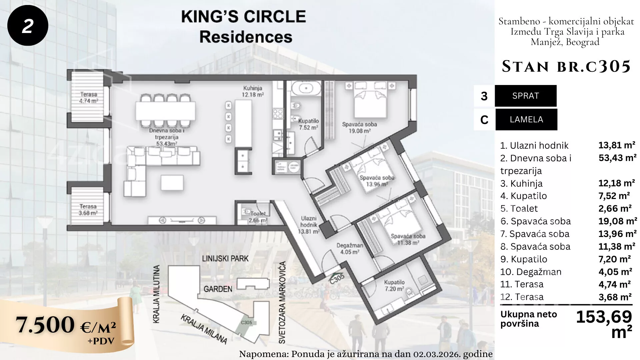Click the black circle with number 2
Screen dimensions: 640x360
tap(28, 26)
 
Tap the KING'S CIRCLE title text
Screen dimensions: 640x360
tap(243, 17)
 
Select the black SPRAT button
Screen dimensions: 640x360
tap(526, 96)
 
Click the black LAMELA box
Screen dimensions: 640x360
tap(526, 120)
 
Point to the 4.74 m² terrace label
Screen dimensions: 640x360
tap(89, 98)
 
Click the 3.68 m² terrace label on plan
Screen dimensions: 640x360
tap(88, 210)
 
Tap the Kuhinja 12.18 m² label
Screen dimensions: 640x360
tap(253, 91)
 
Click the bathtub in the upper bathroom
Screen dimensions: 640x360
tap(305, 88)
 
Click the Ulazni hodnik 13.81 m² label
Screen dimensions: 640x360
tap(309, 225)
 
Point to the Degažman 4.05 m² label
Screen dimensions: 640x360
tap(350, 249)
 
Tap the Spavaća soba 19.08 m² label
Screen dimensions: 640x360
tap(359, 128)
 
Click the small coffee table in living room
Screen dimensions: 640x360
tap(172, 183)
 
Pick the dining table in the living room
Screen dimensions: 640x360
tap(165, 111)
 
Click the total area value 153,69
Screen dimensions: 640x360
tap(604, 317)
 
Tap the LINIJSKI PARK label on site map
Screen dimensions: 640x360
tap(225, 259)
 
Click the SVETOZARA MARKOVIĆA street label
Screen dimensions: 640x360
tap(282, 303)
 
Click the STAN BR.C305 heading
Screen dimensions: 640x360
tap(566, 66)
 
